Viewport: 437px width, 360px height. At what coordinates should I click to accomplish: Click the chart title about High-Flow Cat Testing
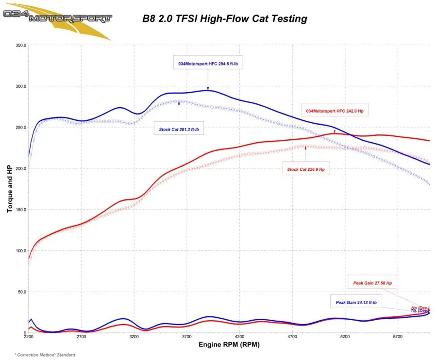point(224,19)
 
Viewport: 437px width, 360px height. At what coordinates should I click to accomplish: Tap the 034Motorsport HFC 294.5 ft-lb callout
point(207,64)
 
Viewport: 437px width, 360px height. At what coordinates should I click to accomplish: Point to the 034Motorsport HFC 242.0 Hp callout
point(335,111)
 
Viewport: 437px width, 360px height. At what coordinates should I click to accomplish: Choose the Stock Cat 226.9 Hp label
point(305,169)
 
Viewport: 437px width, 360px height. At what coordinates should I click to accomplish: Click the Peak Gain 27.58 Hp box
point(372,282)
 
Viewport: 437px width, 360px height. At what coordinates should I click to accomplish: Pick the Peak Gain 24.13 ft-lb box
point(356,302)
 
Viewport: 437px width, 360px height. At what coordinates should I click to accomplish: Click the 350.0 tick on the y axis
point(21,45)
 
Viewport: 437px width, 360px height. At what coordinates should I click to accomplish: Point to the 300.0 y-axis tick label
point(21,86)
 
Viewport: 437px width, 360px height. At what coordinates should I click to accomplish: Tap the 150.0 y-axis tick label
point(21,210)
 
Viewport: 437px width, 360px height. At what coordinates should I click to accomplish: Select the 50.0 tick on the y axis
point(22,292)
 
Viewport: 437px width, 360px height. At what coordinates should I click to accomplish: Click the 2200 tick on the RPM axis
point(29,336)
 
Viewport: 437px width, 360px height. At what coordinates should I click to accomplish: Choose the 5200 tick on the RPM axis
point(345,336)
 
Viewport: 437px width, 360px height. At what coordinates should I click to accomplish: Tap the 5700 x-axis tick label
point(398,336)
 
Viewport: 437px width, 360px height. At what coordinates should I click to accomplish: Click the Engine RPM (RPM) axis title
point(229,344)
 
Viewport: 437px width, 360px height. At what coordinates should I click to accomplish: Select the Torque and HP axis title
point(10,188)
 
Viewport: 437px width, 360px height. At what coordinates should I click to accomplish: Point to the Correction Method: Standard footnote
point(45,355)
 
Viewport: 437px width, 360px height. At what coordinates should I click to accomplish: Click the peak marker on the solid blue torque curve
point(208,89)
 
